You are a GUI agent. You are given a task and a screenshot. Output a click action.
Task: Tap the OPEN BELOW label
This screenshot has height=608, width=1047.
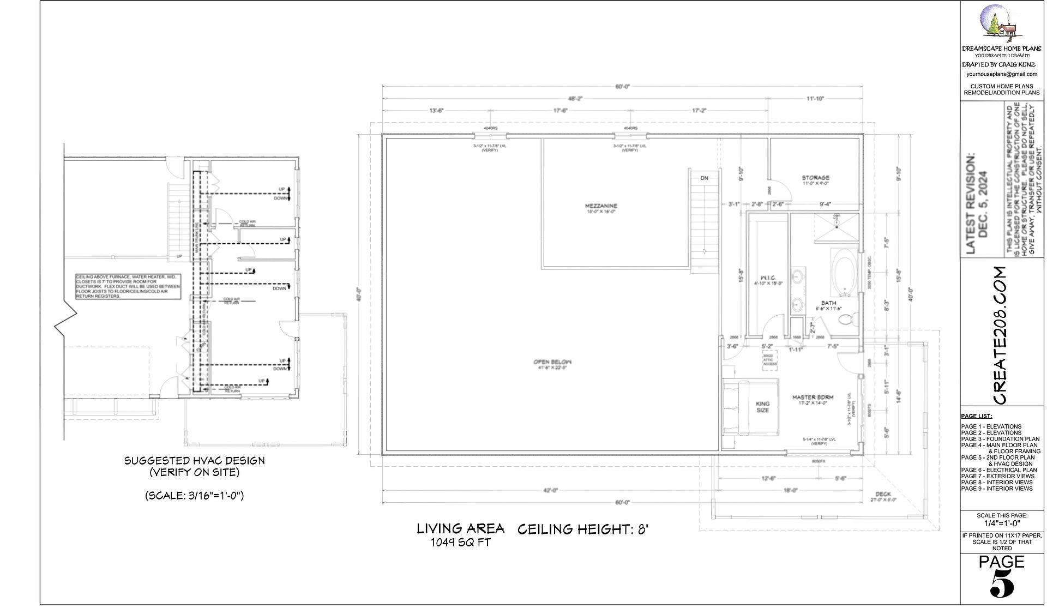pyautogui.click(x=552, y=362)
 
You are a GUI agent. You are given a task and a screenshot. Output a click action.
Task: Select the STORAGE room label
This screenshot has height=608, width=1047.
pyautogui.click(x=815, y=178)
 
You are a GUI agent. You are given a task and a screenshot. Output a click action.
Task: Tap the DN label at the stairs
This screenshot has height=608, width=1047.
pyautogui.click(x=704, y=178)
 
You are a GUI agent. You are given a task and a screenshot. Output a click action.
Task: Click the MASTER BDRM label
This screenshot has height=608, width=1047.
pyautogui.click(x=813, y=398)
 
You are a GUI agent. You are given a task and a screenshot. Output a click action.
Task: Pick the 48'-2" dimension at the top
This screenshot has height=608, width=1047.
pyautogui.click(x=575, y=99)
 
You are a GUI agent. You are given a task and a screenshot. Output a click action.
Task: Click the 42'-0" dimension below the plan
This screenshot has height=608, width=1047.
pyautogui.click(x=551, y=490)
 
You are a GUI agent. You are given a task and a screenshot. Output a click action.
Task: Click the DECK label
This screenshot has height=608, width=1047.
pyautogui.click(x=883, y=493)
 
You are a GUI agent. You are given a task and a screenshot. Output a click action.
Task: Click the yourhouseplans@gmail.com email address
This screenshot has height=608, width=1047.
pyautogui.click(x=1001, y=74)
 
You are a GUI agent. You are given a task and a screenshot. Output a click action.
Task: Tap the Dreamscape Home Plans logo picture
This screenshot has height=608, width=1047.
pyautogui.click(x=1000, y=23)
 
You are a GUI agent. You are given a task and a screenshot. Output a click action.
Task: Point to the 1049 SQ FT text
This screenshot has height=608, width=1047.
pyautogui.click(x=461, y=543)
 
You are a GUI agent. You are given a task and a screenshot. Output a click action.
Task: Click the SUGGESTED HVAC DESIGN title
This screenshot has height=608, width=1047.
pyautogui.click(x=194, y=461)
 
